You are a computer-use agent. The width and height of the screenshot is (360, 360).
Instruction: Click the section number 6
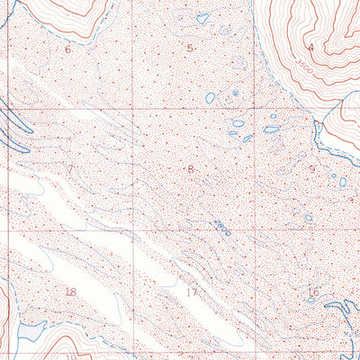pyautogui.click(x=67, y=49)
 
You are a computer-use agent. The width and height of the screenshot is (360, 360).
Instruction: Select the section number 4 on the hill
pyautogui.click(x=311, y=47)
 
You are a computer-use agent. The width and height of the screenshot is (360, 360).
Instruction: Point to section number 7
pyautogui.click(x=69, y=169)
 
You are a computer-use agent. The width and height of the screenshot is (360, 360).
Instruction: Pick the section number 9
pyautogui.click(x=312, y=168)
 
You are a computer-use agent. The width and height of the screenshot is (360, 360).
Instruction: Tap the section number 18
pyautogui.click(x=71, y=292)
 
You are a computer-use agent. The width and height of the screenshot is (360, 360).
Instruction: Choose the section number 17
pyautogui.click(x=191, y=292)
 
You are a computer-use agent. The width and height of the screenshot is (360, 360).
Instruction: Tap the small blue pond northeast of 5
pyautogui.click(x=202, y=17)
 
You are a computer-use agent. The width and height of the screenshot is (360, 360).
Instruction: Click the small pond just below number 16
pyautogui.click(x=310, y=301)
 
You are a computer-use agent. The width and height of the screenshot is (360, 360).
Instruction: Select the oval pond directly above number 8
pyautogui.click(x=210, y=97)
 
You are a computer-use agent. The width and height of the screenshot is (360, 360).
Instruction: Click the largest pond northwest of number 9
pyautogui.click(x=270, y=129)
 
